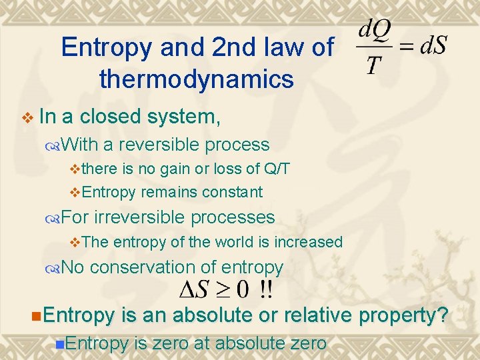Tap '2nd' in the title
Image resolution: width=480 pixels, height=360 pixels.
(233, 48)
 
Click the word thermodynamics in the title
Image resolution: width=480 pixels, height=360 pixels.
(196, 79)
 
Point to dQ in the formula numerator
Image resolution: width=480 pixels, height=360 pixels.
(375, 31)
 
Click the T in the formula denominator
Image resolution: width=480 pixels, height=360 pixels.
(375, 64)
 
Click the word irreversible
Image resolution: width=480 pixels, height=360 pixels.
(138, 217)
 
